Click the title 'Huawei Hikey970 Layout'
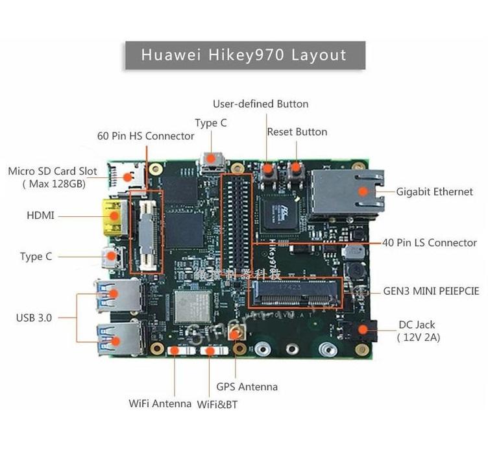[x=244, y=55]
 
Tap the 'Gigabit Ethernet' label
[x=435, y=192]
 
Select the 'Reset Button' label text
[x=297, y=132]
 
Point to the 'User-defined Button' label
[x=260, y=104]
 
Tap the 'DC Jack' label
[x=417, y=325]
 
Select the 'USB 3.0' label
[x=34, y=318]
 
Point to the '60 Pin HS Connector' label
[x=145, y=136]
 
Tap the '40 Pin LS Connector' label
[x=429, y=243]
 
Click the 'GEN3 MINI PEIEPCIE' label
[x=430, y=291]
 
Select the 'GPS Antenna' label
[x=247, y=387]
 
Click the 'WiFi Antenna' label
[x=160, y=404]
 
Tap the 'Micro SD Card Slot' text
[x=53, y=171]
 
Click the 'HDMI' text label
[x=40, y=215]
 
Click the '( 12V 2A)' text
[x=418, y=338]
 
